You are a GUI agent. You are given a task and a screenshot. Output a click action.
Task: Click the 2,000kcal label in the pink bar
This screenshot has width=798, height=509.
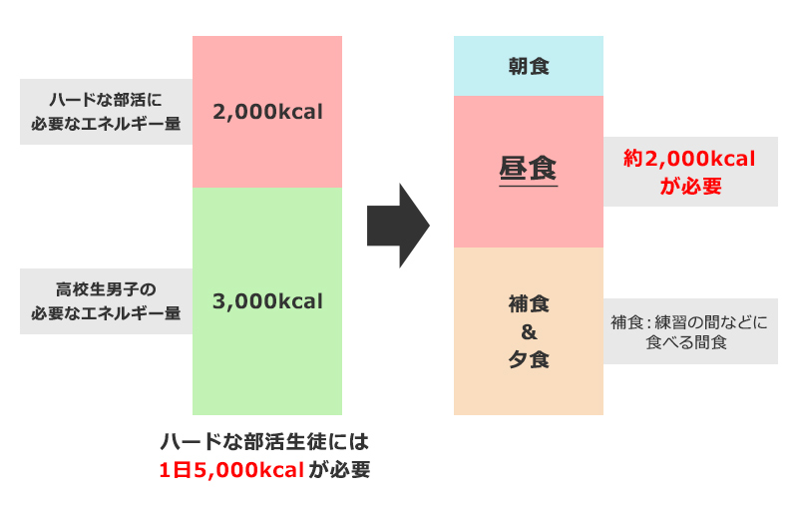267,112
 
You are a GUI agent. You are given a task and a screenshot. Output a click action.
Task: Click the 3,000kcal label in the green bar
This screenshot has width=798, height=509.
267,300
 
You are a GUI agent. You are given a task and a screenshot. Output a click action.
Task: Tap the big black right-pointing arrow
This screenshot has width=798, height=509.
397,226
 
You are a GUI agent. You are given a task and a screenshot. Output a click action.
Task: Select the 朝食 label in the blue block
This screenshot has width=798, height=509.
529,67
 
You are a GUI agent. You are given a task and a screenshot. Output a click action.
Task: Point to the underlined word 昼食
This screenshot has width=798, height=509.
528,168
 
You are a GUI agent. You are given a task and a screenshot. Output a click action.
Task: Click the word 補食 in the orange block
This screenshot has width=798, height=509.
529,301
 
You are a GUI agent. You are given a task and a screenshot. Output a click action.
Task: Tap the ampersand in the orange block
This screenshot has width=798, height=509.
529,330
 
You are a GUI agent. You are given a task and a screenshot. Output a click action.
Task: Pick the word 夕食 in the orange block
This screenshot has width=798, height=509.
529,359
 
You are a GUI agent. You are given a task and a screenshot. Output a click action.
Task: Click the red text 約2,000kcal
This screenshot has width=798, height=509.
689,158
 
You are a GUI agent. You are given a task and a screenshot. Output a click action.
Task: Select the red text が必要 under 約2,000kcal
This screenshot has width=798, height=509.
689,186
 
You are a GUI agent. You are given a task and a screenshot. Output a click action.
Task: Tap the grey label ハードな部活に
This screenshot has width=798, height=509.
106,99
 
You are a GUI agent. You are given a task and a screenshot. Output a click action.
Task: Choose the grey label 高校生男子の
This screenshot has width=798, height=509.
106,289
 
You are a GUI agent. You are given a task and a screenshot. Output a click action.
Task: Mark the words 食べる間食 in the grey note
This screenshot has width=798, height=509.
689,343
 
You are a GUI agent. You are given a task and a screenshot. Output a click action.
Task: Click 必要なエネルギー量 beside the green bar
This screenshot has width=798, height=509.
106,313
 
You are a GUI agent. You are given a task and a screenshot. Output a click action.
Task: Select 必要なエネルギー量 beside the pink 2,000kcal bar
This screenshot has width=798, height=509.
106,124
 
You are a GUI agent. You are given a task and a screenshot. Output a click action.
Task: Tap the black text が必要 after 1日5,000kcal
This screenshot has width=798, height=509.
339,470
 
